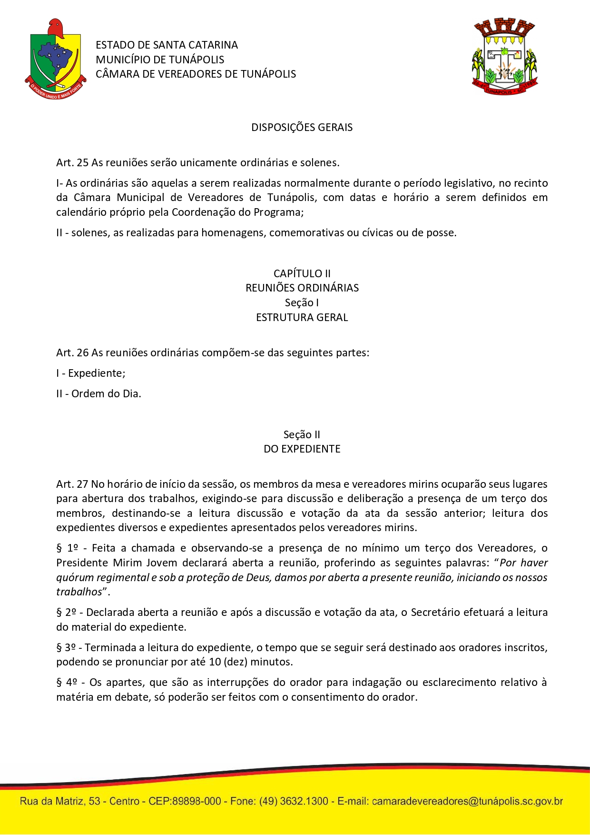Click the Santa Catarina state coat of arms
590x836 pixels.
pyautogui.click(x=55, y=59)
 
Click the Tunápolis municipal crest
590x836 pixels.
pyautogui.click(x=504, y=57)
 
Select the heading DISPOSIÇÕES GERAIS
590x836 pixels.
pyautogui.click(x=302, y=127)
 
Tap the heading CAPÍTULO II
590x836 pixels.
pyautogui.click(x=302, y=273)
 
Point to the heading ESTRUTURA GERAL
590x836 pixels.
pyautogui.click(x=302, y=317)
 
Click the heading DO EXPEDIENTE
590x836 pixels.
pyautogui.click(x=302, y=449)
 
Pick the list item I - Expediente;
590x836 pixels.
pyautogui.click(x=91, y=373)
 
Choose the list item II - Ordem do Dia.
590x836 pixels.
pyautogui.click(x=98, y=393)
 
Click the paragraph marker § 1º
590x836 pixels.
pyautogui.click(x=67, y=548)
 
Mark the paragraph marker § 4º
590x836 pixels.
pyautogui.click(x=67, y=682)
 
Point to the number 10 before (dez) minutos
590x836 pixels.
pyautogui.click(x=215, y=662)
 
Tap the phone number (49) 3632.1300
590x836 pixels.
pyautogui.click(x=294, y=801)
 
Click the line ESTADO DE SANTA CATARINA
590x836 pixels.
pyautogui.click(x=167, y=45)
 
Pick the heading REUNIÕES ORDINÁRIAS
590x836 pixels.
pyautogui.click(x=302, y=288)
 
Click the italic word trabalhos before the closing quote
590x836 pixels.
pyautogui.click(x=79, y=592)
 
